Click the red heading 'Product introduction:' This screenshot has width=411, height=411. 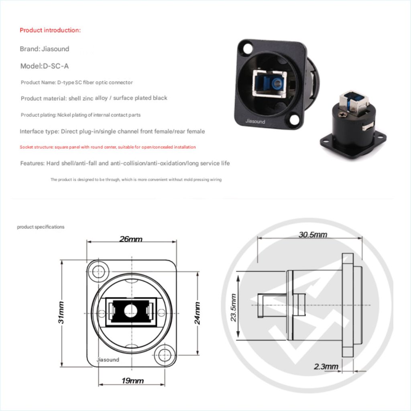[50, 30]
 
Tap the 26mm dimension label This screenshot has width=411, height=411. [131, 239]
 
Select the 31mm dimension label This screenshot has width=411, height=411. [61, 312]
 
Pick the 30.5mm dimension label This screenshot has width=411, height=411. [313, 234]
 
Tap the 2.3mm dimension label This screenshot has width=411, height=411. [326, 366]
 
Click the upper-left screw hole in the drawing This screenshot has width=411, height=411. [97, 271]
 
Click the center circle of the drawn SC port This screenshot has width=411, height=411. [131, 309]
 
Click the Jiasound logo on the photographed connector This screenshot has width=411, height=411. [255, 121]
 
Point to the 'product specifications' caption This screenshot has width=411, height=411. [41, 227]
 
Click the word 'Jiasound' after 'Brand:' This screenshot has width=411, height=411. [55, 49]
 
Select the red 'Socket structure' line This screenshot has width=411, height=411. [108, 147]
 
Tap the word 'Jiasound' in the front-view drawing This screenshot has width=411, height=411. [108, 360]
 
